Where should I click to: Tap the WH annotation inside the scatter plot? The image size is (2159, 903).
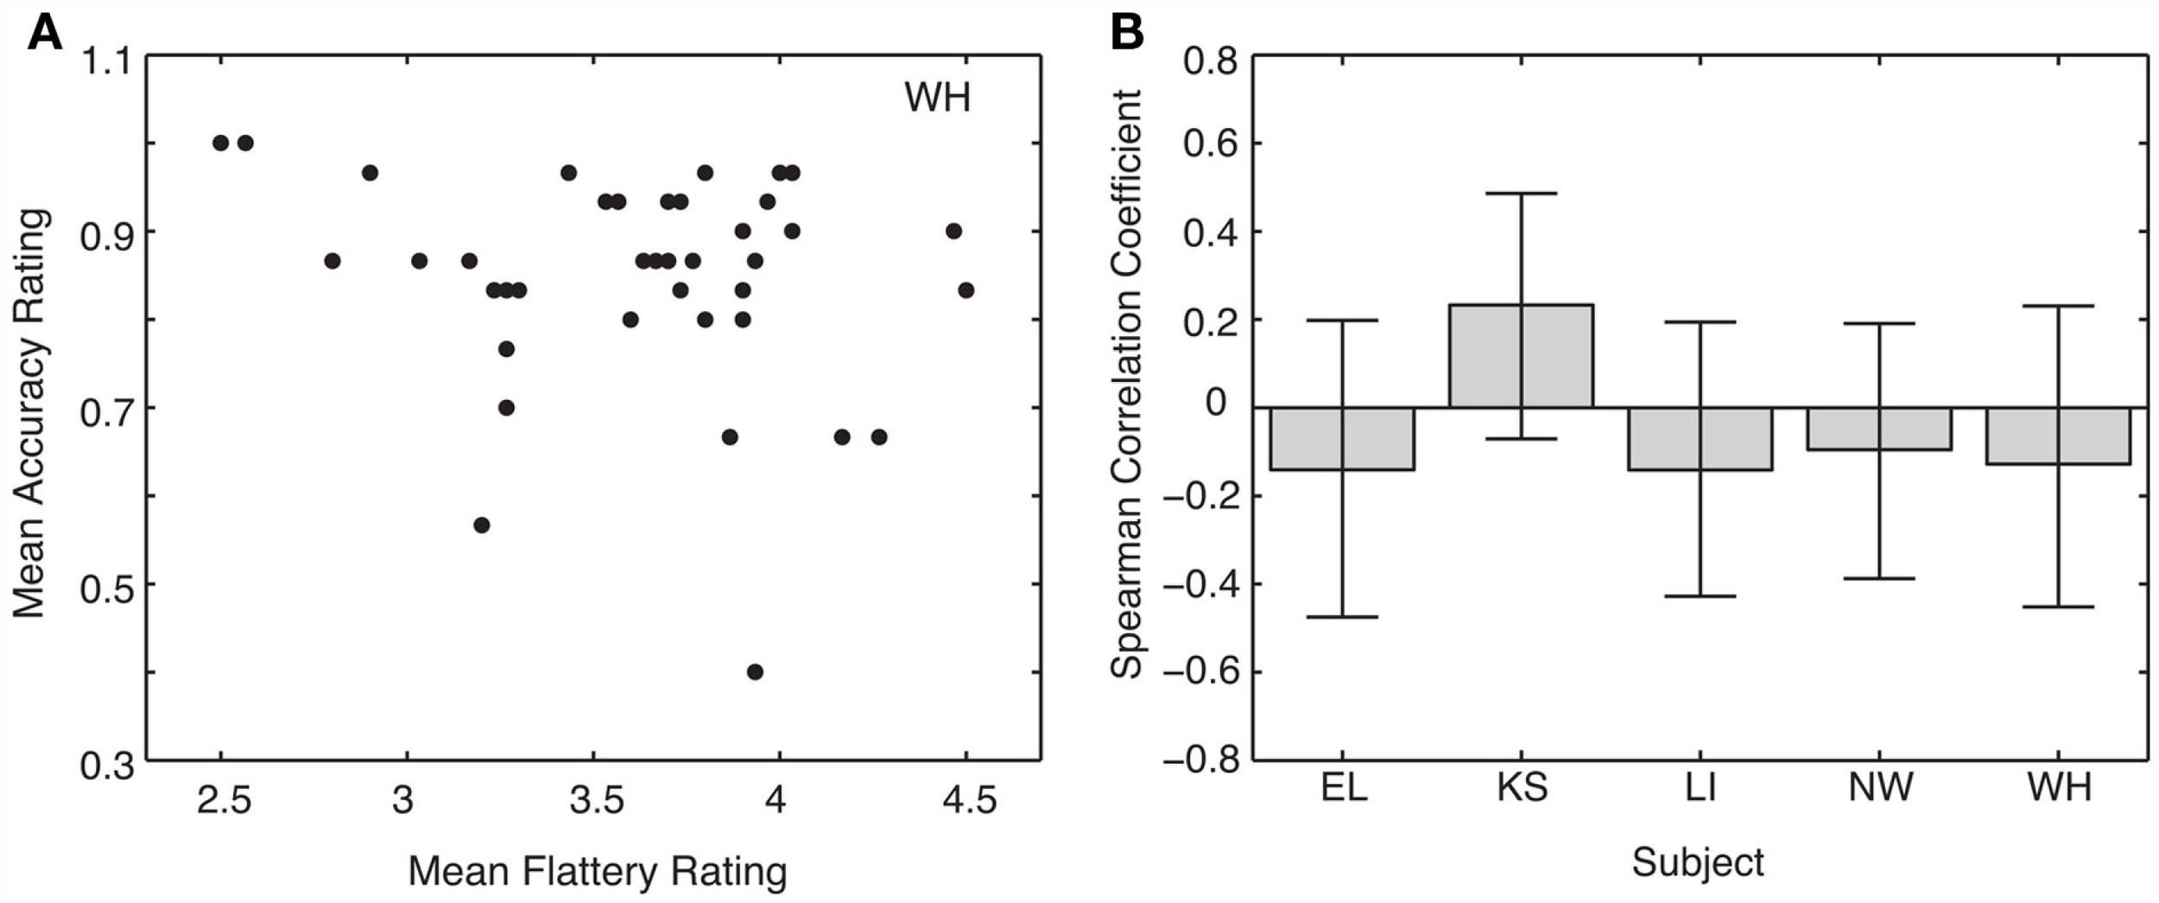point(937,97)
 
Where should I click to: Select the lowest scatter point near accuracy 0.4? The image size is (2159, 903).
point(755,671)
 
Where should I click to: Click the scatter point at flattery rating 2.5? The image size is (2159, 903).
point(220,143)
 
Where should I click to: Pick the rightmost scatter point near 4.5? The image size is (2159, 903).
point(966,290)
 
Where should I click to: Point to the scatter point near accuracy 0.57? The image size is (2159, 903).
point(482,525)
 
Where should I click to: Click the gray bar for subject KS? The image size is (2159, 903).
point(1521,356)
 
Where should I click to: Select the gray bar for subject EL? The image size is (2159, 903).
point(1342,439)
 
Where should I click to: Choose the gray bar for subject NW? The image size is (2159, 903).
point(1879,429)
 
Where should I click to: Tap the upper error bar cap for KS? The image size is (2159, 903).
point(1521,194)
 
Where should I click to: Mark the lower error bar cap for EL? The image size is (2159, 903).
point(1342,617)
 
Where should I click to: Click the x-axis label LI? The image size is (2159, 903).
point(1700,787)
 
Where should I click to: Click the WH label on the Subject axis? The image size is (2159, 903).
point(2059,787)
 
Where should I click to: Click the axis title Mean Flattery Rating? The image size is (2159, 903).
point(597,871)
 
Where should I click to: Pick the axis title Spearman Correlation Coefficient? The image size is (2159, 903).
point(1127,384)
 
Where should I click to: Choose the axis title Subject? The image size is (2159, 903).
point(1697,862)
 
